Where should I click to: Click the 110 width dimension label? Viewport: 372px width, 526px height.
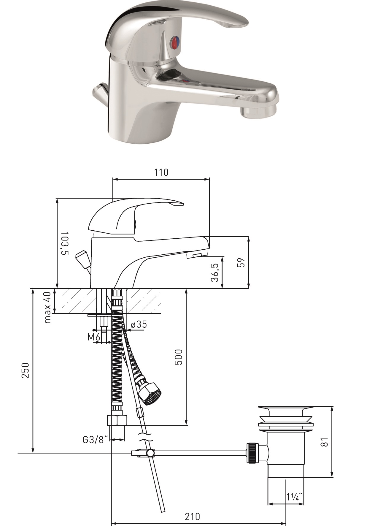pyautogui.click(x=161, y=172)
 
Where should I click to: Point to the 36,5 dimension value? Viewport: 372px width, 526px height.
pyautogui.click(x=215, y=272)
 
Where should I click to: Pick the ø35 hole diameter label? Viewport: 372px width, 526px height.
pyautogui.click(x=139, y=324)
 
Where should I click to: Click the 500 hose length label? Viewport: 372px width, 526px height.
pyautogui.click(x=179, y=357)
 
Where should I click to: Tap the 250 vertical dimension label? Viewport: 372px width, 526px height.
pyautogui.click(x=26, y=370)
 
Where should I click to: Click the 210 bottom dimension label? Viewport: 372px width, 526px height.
pyautogui.click(x=193, y=517)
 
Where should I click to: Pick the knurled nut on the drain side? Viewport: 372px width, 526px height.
pyautogui.click(x=252, y=453)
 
